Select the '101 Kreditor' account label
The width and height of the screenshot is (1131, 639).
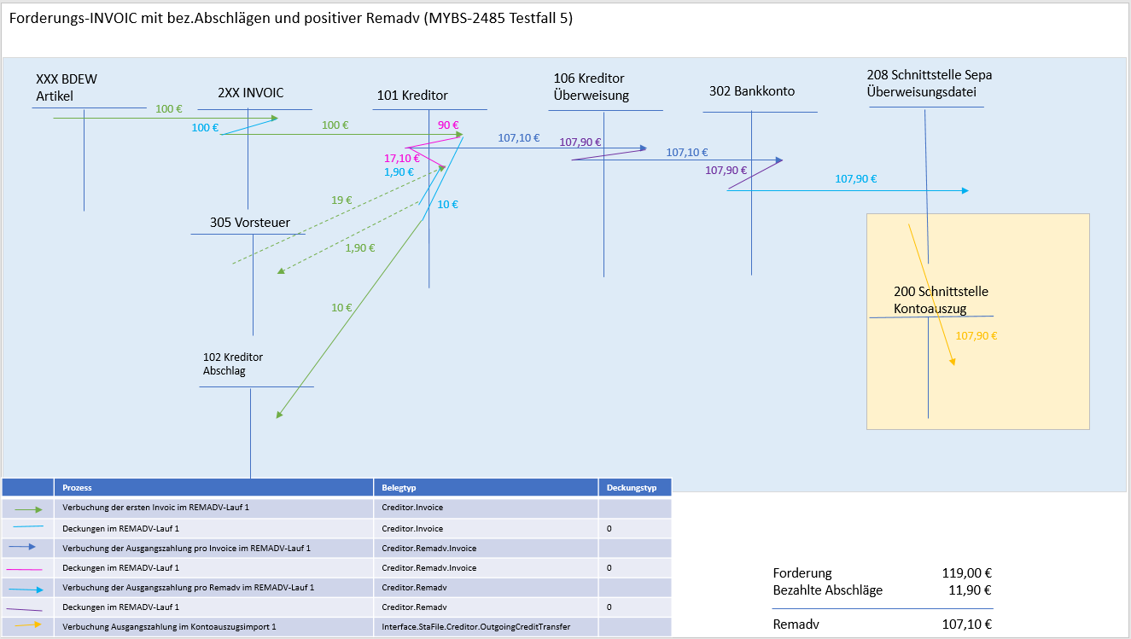click(x=412, y=96)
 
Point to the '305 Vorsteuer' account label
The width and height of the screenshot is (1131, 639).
click(x=250, y=223)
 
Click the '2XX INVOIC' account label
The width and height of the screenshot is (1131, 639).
click(x=251, y=93)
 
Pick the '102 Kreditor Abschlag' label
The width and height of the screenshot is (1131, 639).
click(x=233, y=363)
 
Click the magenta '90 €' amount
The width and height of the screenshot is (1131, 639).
click(x=448, y=125)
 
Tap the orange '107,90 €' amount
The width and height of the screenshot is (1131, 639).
click(x=977, y=336)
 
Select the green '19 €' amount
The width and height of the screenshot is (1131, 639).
click(x=341, y=200)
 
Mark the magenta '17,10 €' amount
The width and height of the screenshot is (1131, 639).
click(x=401, y=159)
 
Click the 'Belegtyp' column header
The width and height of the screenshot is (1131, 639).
click(x=398, y=488)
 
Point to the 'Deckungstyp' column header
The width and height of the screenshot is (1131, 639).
click(x=632, y=488)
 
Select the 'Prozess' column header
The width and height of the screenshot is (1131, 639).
click(x=77, y=488)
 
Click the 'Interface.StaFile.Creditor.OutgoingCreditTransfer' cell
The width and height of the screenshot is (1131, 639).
click(x=476, y=627)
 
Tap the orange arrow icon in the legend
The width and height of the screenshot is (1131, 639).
click(x=27, y=626)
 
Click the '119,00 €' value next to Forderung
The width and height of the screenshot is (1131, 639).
click(x=966, y=573)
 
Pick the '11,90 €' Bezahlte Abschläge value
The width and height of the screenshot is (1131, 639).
click(x=970, y=590)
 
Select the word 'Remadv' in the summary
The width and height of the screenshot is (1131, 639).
click(x=796, y=624)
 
